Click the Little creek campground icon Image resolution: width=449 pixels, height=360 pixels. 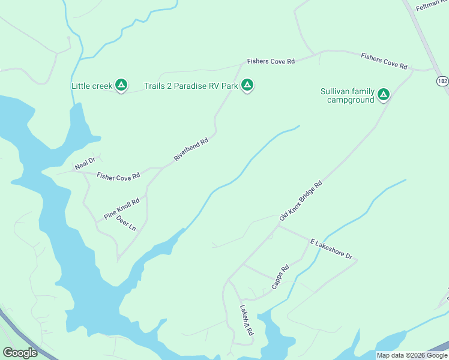pyautogui.click(x=121, y=86)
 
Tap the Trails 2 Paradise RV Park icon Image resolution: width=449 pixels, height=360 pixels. pyautogui.click(x=247, y=86)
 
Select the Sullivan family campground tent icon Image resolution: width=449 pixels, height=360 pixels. pyautogui.click(x=383, y=95)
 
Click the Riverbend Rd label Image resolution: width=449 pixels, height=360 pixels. pyautogui.click(x=191, y=149)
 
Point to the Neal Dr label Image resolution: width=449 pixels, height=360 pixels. pyautogui.click(x=85, y=163)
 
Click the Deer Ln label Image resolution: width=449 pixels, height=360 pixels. pyautogui.click(x=126, y=223)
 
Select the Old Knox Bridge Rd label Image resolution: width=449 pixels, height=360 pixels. pyautogui.click(x=301, y=200)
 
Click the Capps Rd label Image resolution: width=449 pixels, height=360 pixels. pyautogui.click(x=280, y=277)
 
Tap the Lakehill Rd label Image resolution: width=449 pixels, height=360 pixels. pyautogui.click(x=247, y=324)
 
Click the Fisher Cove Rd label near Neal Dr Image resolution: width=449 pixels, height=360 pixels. pyautogui.click(x=118, y=176)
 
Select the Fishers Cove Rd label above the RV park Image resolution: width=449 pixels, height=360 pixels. pyautogui.click(x=271, y=62)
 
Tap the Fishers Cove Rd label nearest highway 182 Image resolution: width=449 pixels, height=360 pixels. pyautogui.click(x=384, y=61)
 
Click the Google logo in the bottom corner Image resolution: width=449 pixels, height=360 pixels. pyautogui.click(x=20, y=353)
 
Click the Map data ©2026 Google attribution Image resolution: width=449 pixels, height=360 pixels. pyautogui.click(x=412, y=355)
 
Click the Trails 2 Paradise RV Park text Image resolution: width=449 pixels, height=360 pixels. pyautogui.click(x=191, y=86)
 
